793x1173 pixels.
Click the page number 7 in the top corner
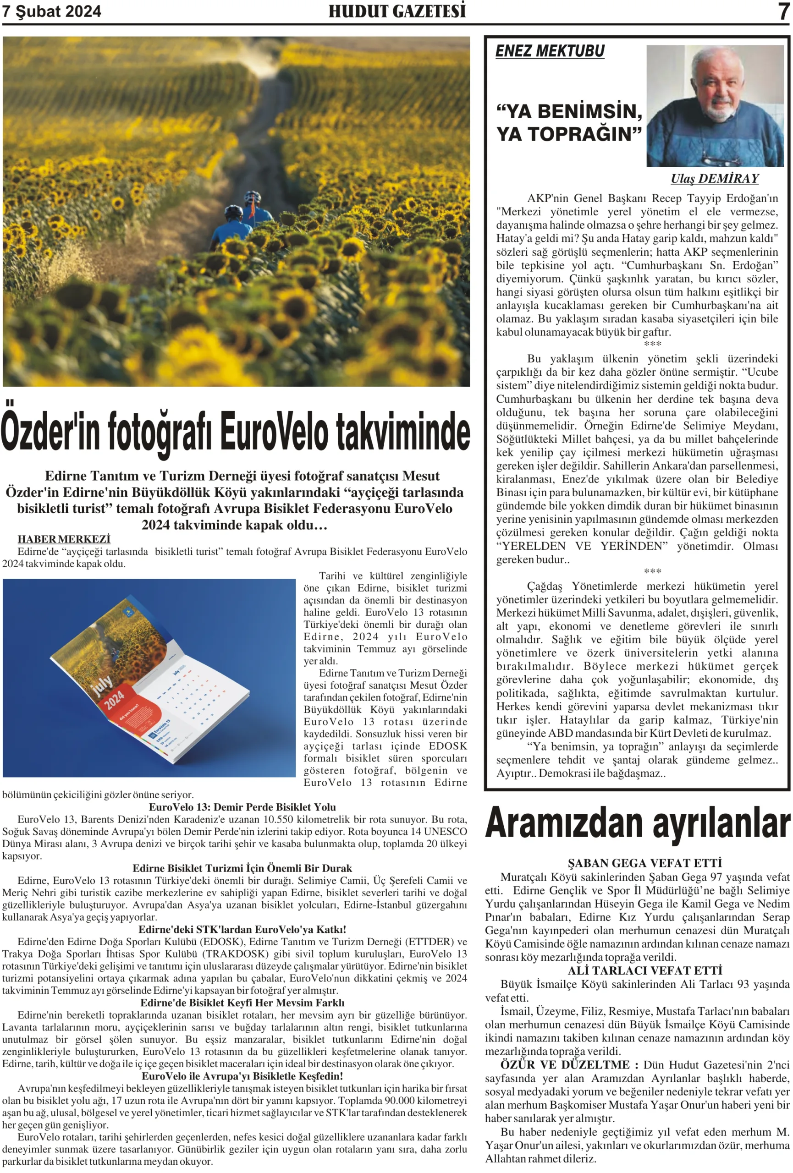(783, 11)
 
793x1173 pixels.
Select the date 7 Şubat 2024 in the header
(51, 11)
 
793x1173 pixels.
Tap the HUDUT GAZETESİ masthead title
(397, 11)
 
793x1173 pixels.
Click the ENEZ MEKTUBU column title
(550, 51)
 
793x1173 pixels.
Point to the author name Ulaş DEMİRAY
(714, 178)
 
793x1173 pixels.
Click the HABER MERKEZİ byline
(64, 539)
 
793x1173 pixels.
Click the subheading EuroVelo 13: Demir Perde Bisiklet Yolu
(242, 807)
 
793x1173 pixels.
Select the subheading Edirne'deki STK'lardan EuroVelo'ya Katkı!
(242, 929)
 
